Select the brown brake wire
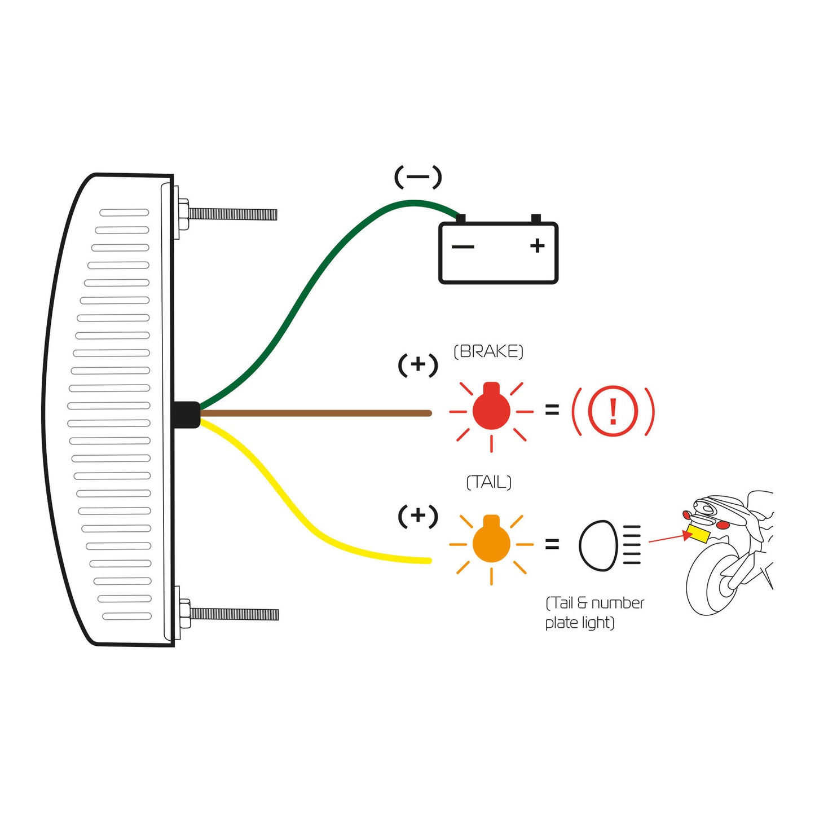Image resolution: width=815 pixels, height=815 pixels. pos(316,413)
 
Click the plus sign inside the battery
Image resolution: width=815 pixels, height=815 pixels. pos(538,245)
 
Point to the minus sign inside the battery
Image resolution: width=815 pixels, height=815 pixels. pos(463,246)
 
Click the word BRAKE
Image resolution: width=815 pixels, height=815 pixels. pos(488,351)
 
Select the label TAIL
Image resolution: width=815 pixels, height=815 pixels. pos(488,482)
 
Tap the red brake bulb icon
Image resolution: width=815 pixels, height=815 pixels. pos(491,411)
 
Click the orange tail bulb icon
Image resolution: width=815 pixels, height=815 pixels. pos(491,543)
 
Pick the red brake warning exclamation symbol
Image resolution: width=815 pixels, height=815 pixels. pos(613,411)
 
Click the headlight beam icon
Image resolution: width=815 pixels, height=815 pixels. pos(610,545)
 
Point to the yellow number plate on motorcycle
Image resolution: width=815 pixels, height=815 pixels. pos(699,534)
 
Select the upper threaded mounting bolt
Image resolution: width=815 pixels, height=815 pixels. pos(231,214)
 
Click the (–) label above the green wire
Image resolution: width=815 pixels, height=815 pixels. pos(418,177)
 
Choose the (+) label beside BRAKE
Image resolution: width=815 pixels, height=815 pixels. pos(418,365)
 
